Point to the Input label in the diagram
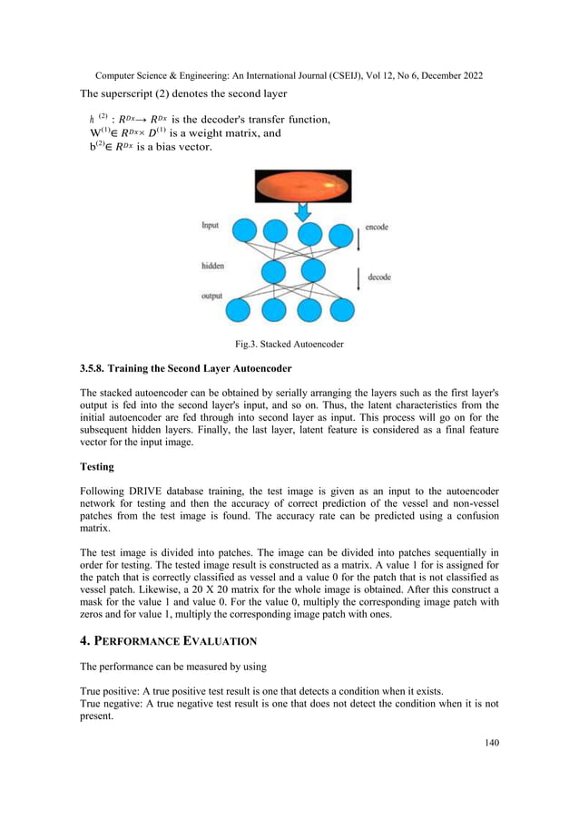click(211, 227)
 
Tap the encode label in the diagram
click(377, 228)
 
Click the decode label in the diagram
click(378, 278)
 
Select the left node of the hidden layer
click(276, 271)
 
